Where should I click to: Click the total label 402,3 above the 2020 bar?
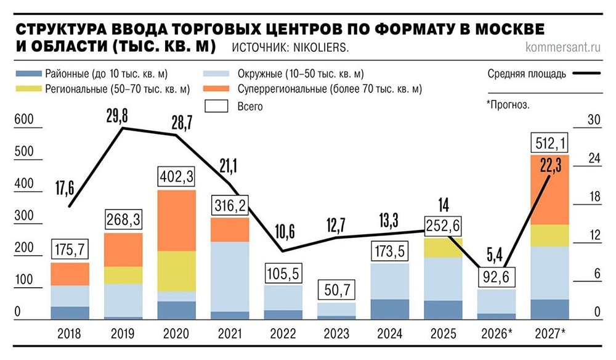click(x=176, y=177)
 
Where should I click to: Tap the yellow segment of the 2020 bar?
click(x=176, y=271)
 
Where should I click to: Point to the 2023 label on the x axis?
click(x=337, y=335)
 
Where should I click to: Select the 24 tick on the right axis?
click(x=594, y=158)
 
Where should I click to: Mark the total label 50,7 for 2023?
click(x=337, y=290)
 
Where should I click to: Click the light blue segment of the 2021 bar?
click(x=230, y=276)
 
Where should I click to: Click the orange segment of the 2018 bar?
click(x=70, y=274)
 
